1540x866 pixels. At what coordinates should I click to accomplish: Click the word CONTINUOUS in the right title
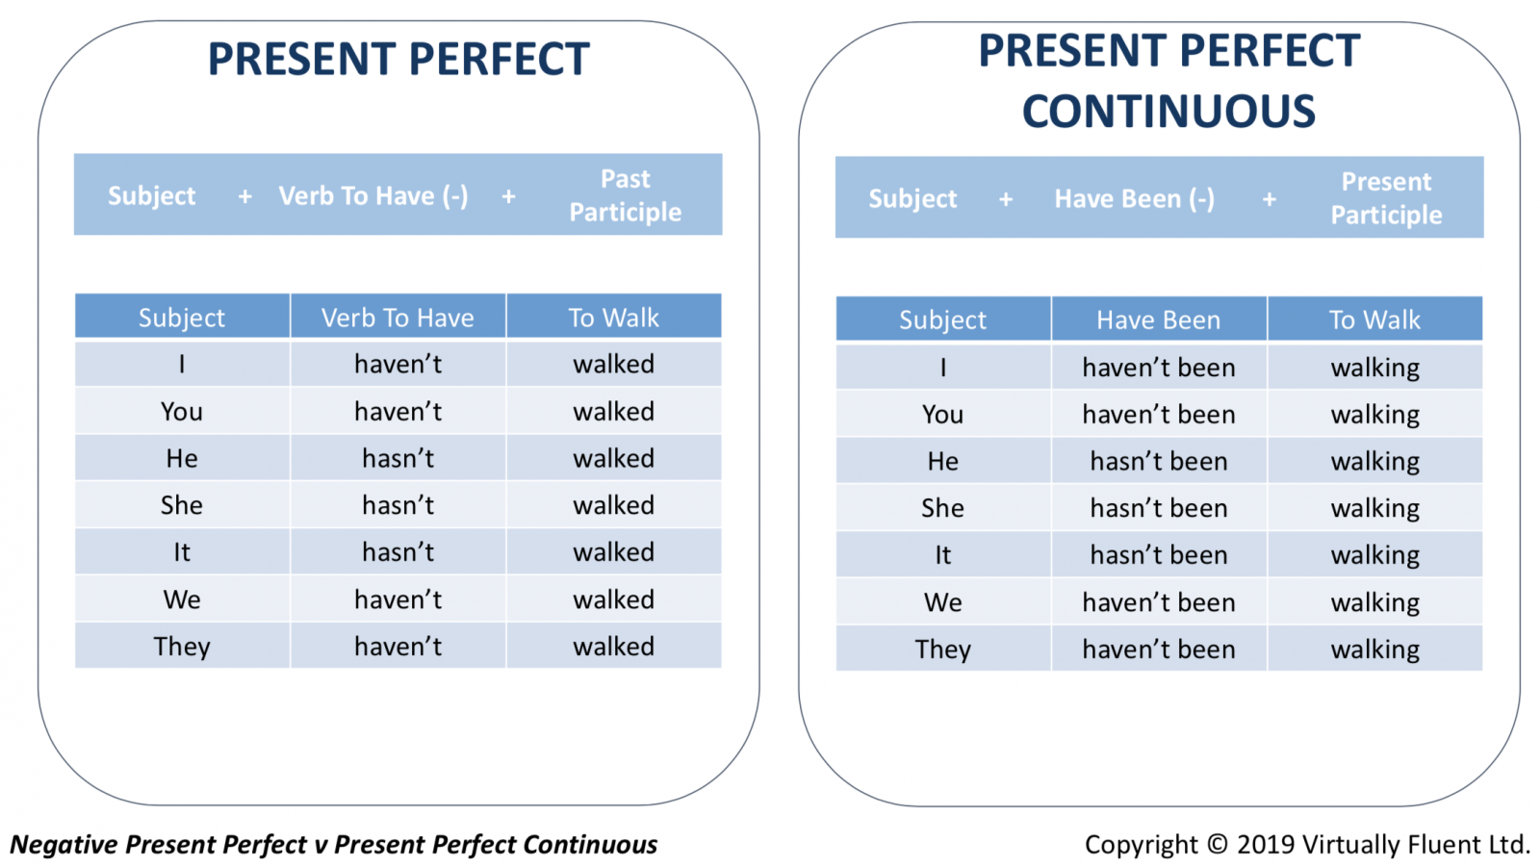pos(1168,112)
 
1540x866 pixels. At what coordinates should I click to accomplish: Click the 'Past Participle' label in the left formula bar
pos(625,195)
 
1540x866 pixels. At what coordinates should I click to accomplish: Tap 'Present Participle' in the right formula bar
pos(1386,198)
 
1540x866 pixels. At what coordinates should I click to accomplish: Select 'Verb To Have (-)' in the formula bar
pos(373,196)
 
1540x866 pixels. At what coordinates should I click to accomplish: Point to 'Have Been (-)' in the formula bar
pos(1135,198)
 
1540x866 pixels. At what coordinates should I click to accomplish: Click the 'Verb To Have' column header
pos(398,318)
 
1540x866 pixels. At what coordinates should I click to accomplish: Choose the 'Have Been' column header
pos(1159,319)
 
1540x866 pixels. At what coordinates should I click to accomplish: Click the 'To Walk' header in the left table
pos(613,318)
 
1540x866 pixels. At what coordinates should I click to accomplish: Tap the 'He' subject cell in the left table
pos(182,458)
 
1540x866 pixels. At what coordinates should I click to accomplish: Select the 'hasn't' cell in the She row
pos(398,505)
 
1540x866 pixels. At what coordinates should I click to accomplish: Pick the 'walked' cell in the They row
pos(613,646)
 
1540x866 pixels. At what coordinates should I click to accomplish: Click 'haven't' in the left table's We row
pos(398,599)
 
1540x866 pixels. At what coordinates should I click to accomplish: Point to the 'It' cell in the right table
pos(942,554)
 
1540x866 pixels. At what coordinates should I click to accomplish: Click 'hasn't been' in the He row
pos(1159,461)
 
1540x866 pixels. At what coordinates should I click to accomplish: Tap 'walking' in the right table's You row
pos(1375,415)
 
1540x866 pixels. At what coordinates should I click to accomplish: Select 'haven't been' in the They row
pos(1159,649)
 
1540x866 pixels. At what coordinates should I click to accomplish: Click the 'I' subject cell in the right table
pos(943,368)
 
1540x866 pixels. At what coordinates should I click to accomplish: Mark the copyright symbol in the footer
pos(1217,844)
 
